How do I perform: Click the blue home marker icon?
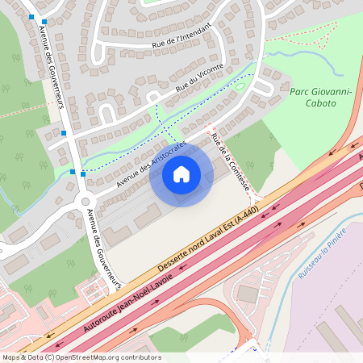pos(181,173)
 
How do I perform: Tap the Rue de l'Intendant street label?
pos(181,36)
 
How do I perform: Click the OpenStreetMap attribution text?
pos(81,357)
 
